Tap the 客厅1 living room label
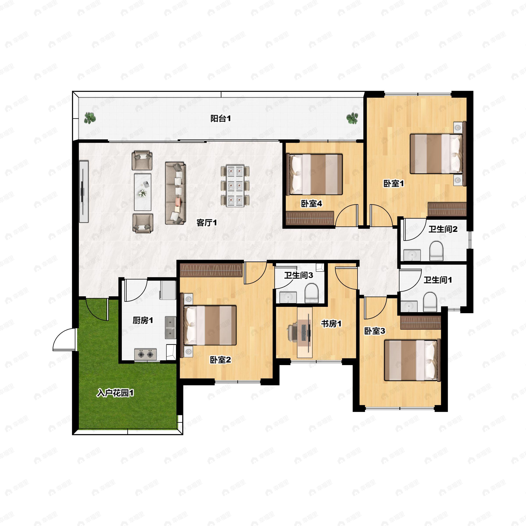tap(207, 223)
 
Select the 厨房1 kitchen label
tap(143, 320)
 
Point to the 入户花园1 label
tap(115, 393)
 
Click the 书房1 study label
tap(331, 324)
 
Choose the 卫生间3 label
tap(299, 275)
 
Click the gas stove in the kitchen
tap(145, 354)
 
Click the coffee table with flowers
tap(143, 192)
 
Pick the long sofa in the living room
tap(175, 193)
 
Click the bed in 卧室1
tap(436, 154)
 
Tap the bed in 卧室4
tap(314, 174)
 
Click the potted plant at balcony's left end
tap(90, 118)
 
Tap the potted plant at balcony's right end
tap(352, 118)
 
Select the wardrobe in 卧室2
tap(211, 270)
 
